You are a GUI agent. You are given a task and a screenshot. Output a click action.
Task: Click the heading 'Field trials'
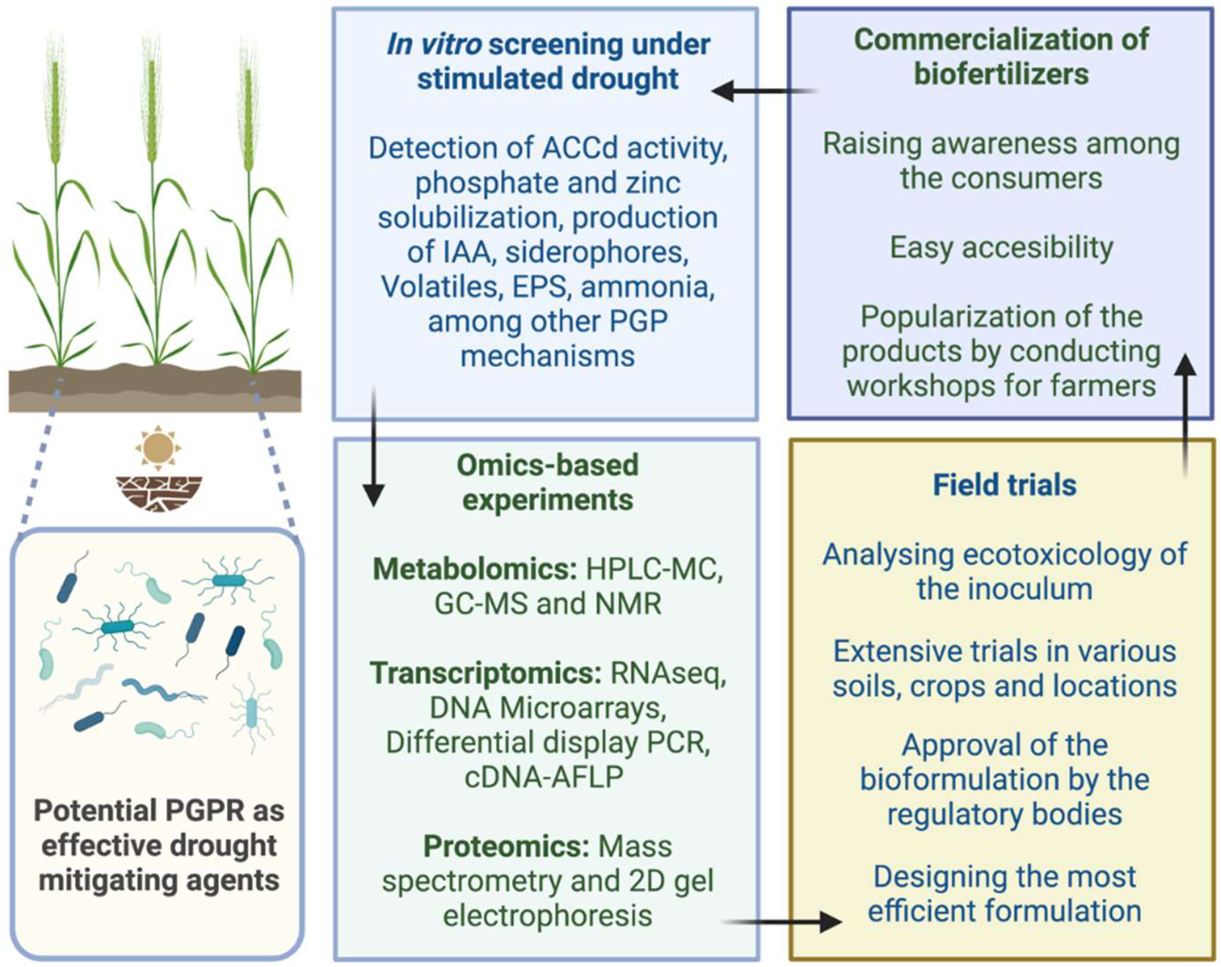[x=1004, y=485]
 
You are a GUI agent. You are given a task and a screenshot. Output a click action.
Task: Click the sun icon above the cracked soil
[x=158, y=448]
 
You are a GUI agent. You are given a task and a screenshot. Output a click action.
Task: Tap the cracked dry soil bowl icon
[x=159, y=493]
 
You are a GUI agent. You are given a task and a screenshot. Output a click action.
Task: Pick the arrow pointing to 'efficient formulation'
[x=781, y=922]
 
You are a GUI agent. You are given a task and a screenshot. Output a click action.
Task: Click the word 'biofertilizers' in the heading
[x=1001, y=74]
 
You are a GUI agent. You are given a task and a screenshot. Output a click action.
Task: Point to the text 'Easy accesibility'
[x=1001, y=247]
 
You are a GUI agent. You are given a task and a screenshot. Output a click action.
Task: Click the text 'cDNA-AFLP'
[x=544, y=777]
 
